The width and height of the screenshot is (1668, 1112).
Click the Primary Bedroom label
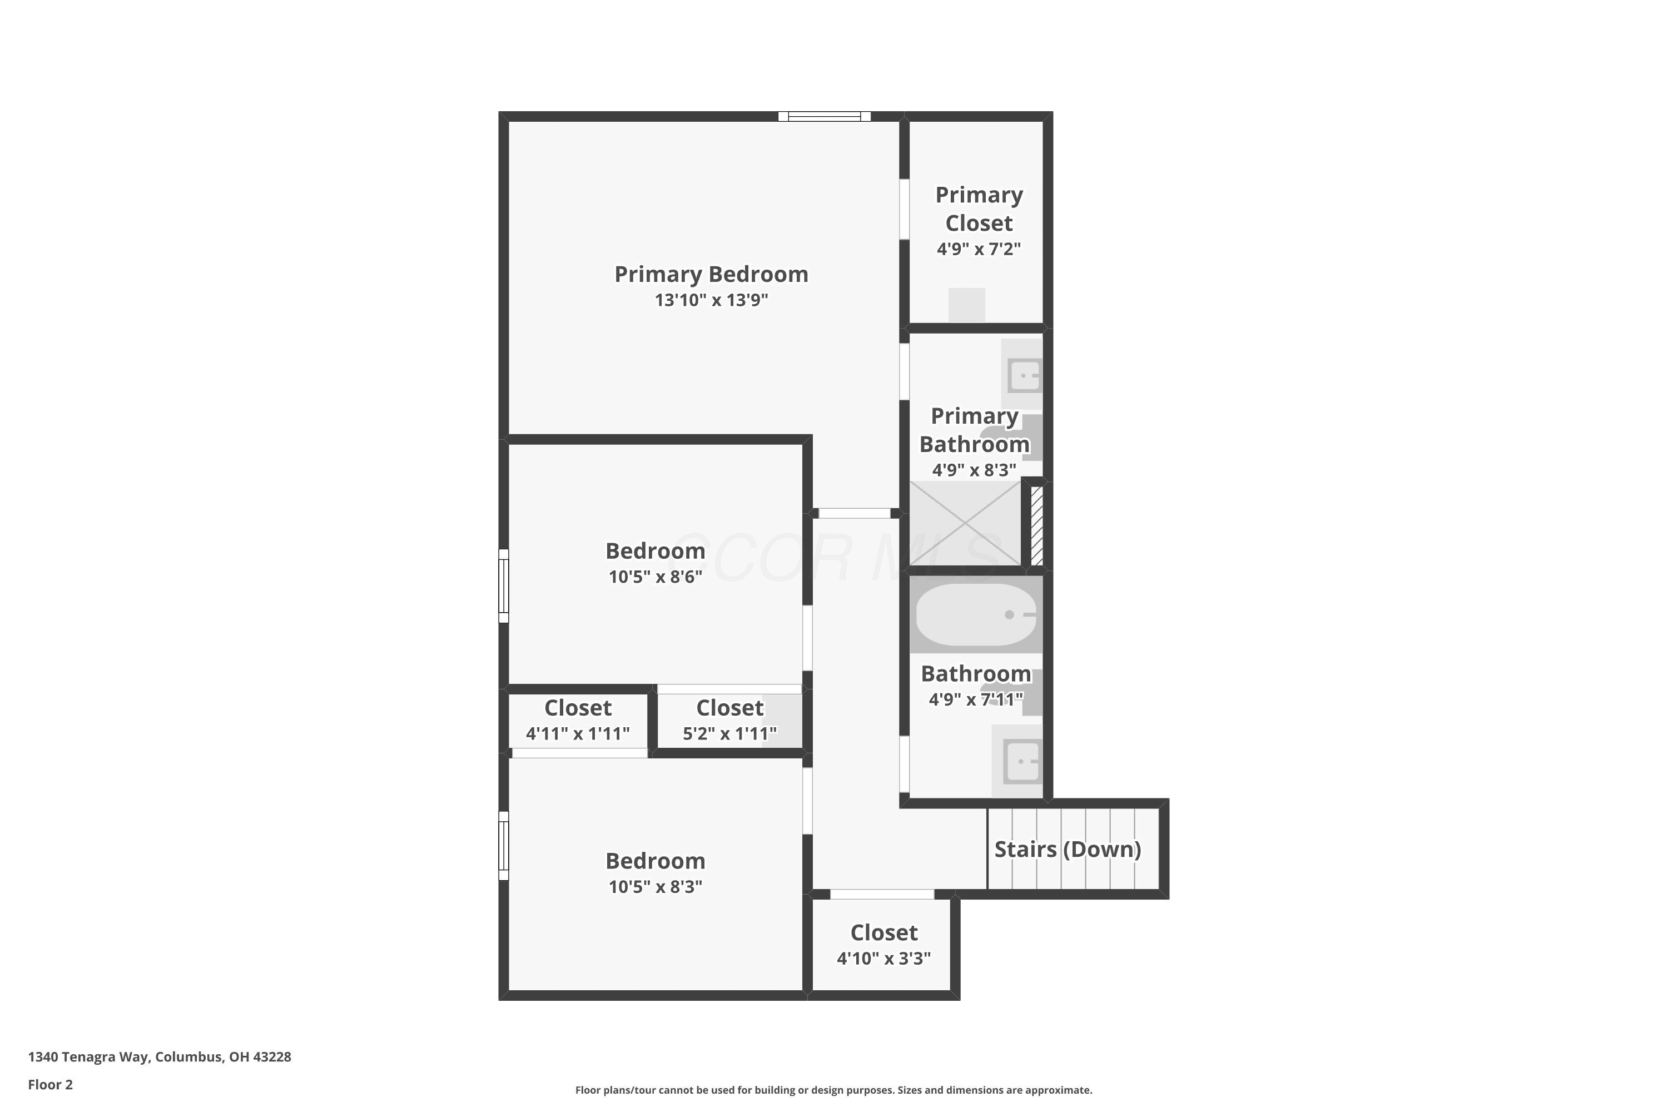(x=711, y=275)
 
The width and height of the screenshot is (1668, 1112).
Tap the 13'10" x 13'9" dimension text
(x=711, y=300)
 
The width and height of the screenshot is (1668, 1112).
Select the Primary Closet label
(x=979, y=209)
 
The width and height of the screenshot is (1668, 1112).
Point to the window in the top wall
(x=824, y=116)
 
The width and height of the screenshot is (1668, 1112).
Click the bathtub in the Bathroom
(x=976, y=615)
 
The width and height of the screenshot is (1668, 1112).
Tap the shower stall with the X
(x=965, y=523)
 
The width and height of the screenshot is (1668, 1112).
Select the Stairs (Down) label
(x=1068, y=850)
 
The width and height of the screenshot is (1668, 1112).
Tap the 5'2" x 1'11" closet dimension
(x=729, y=734)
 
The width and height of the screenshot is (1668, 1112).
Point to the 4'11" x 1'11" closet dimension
(x=577, y=734)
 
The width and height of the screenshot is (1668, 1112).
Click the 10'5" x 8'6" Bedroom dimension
(x=656, y=577)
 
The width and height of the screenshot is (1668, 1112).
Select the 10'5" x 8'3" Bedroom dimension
(x=656, y=886)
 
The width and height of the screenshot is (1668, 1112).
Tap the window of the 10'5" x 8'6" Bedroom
(x=504, y=586)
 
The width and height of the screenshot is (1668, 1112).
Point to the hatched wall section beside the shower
(x=1037, y=525)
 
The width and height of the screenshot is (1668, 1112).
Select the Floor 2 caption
(x=51, y=1084)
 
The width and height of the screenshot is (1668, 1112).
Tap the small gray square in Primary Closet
(x=967, y=305)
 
